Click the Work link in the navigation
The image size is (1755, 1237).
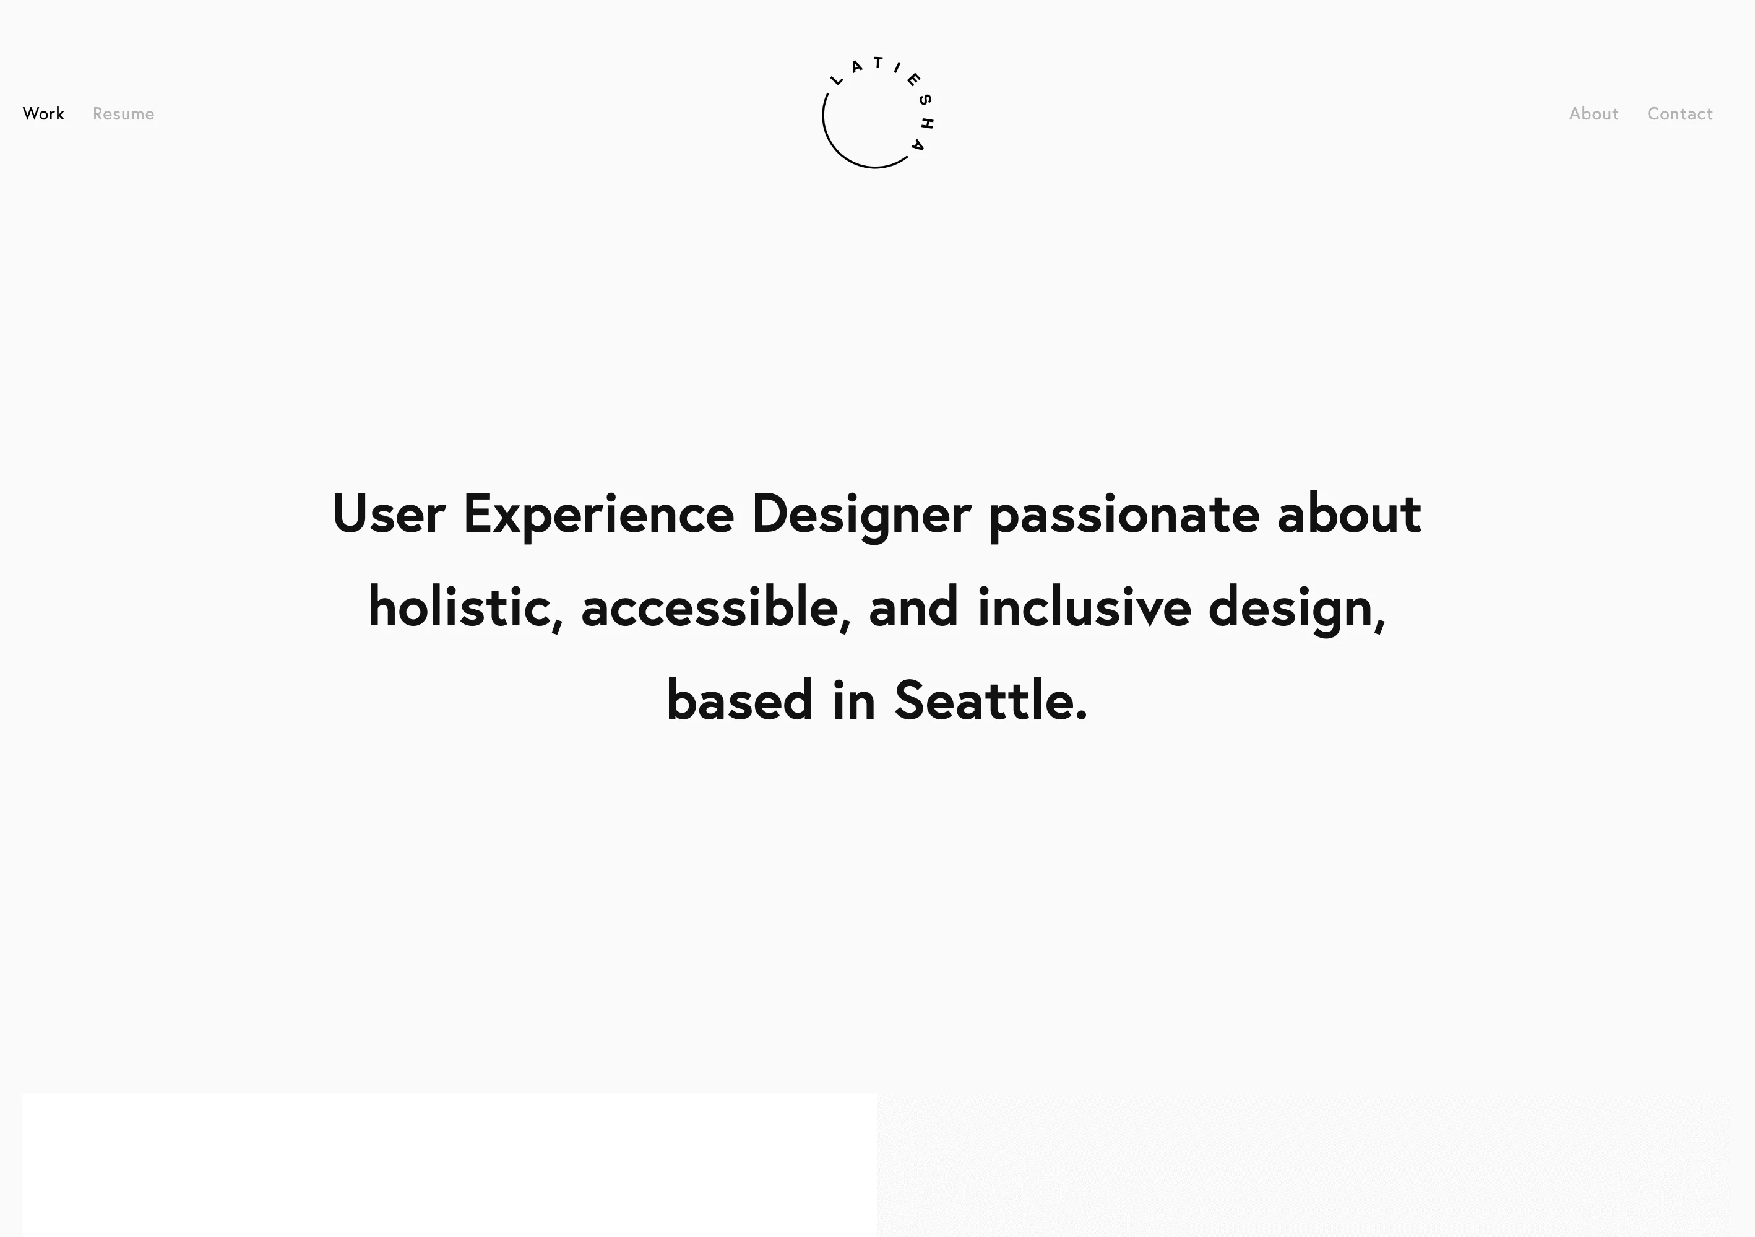coord(43,114)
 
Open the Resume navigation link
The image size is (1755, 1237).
coord(123,114)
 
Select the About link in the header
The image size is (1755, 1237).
coord(1593,114)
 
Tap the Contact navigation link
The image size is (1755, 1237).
coord(1680,114)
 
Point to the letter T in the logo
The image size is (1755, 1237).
coord(878,63)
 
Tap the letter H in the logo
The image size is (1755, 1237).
coord(927,123)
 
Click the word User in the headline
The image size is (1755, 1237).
coord(388,514)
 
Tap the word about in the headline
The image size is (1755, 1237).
coord(1349,514)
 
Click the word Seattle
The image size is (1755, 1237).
coord(990,700)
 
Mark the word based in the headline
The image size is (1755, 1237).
coord(739,700)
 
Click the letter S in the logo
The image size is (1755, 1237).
coord(925,100)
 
